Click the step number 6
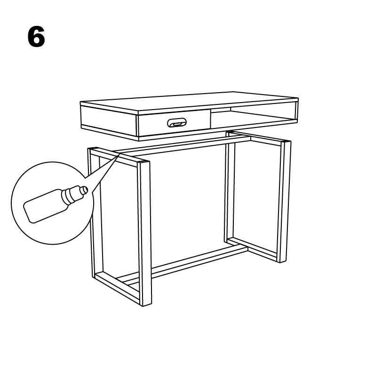(x=36, y=37)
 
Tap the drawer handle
(x=176, y=123)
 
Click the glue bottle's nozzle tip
(x=84, y=190)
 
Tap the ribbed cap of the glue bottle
(x=72, y=195)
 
